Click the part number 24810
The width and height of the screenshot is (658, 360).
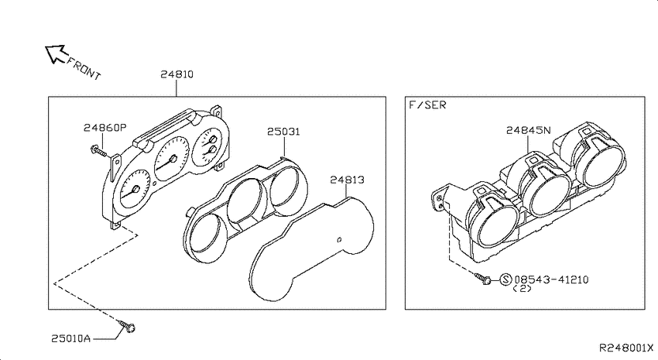pos(176,74)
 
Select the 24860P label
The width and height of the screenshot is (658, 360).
pos(105,128)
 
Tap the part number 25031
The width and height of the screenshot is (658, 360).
pos(283,132)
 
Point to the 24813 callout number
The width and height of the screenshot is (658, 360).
pos(347,180)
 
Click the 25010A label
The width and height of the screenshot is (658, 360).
pos(71,338)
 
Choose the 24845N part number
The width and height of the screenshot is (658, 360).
pos(528,131)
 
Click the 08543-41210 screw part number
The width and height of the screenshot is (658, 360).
pos(551,279)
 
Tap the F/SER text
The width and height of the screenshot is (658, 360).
pos(427,105)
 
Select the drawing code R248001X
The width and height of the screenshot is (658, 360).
pos(626,348)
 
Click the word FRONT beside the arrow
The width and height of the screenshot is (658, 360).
pos(84,68)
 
